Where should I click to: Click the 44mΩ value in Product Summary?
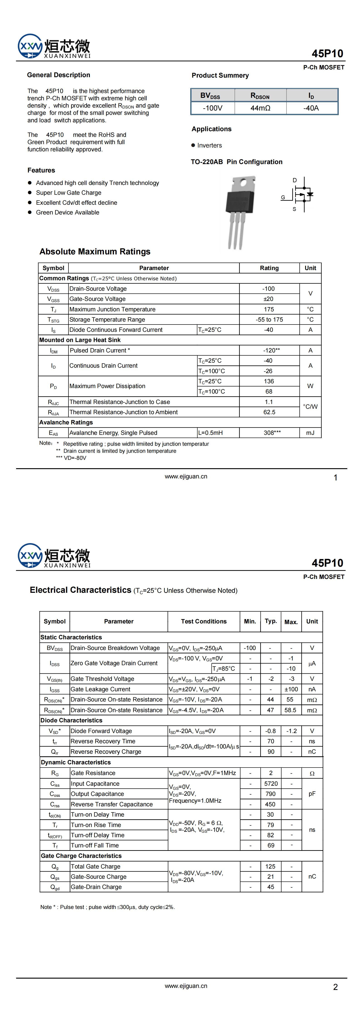tap(260, 108)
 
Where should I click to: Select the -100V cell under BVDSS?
tap(213, 108)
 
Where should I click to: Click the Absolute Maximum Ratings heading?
tap(95, 252)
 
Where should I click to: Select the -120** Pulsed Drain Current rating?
tap(271, 350)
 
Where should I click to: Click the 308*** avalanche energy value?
tap(272, 433)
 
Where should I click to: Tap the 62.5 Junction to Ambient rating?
tap(269, 412)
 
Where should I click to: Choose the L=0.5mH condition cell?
tap(211, 433)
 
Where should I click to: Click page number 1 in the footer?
tap(336, 478)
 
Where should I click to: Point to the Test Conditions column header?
tap(204, 621)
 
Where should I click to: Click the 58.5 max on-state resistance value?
tap(290, 710)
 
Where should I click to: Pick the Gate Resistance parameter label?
tap(93, 773)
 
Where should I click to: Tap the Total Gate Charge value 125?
tap(271, 866)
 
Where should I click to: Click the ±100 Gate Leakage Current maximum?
tap(291, 689)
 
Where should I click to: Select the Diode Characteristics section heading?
tap(72, 720)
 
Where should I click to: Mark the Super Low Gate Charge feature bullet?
tap(69, 193)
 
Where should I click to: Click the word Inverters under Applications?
tap(210, 145)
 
